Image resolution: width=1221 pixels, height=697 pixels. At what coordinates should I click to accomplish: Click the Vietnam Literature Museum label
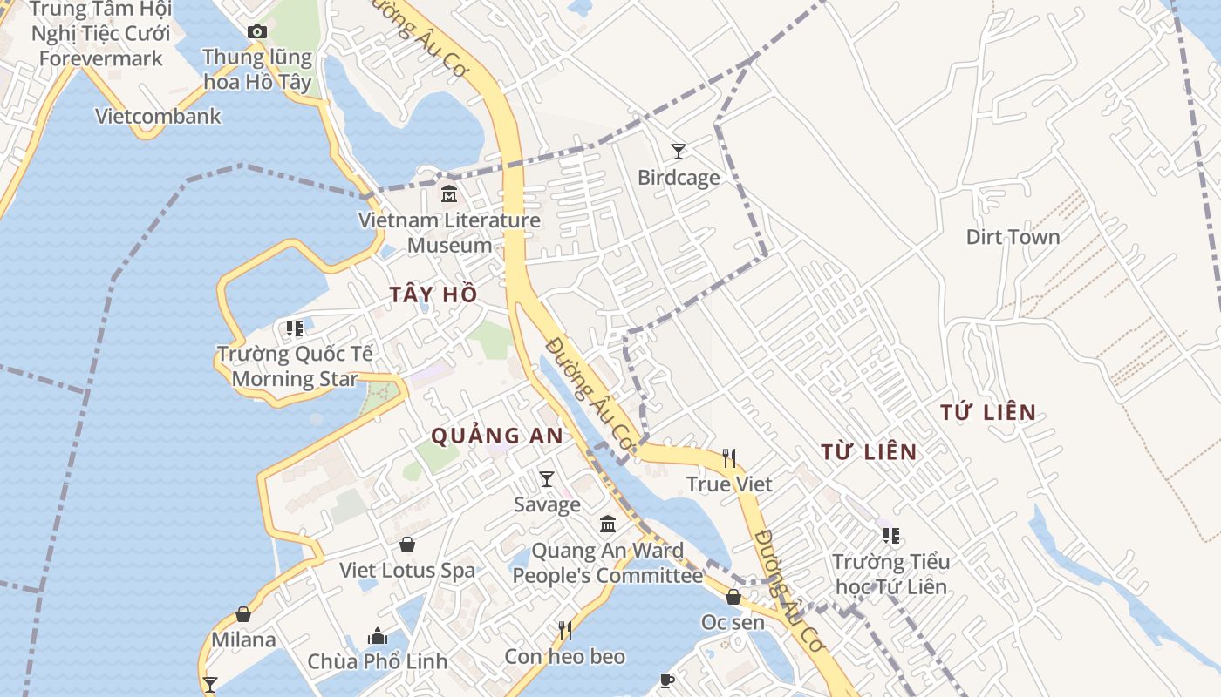pyautogui.click(x=449, y=233)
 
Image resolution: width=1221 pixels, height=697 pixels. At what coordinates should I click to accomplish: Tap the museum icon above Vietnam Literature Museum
pyautogui.click(x=449, y=193)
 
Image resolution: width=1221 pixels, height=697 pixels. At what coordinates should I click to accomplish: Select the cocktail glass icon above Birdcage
pyautogui.click(x=679, y=152)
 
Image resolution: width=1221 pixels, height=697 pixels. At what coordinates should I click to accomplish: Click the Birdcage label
pyautogui.click(x=679, y=178)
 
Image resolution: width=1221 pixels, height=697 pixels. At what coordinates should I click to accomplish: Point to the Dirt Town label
pyautogui.click(x=1013, y=237)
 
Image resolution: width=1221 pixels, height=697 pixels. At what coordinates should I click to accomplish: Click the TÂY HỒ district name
pyautogui.click(x=433, y=295)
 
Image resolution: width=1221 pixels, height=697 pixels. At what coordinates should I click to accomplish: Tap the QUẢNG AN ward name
pyautogui.click(x=497, y=436)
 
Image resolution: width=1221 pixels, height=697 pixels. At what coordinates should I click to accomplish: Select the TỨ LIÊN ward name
pyautogui.click(x=988, y=413)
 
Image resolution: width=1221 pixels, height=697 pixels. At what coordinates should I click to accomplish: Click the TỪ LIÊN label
pyautogui.click(x=869, y=452)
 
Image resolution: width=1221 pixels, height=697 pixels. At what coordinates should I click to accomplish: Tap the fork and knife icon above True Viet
pyautogui.click(x=729, y=457)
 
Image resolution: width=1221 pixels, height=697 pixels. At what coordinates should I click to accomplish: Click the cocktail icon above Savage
pyautogui.click(x=547, y=478)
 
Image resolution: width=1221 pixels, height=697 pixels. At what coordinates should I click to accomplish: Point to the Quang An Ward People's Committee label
pyautogui.click(x=607, y=563)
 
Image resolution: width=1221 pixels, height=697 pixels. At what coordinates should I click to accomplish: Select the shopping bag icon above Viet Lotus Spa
pyautogui.click(x=406, y=545)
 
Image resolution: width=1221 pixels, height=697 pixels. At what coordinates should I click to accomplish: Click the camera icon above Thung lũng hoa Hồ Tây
pyautogui.click(x=256, y=32)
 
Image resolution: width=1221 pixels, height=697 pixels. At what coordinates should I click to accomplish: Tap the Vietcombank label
pyautogui.click(x=158, y=116)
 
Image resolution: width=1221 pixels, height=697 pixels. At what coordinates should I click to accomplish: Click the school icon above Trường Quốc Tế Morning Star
pyautogui.click(x=295, y=328)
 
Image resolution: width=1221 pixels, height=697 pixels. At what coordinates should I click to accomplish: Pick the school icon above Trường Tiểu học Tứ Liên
pyautogui.click(x=890, y=535)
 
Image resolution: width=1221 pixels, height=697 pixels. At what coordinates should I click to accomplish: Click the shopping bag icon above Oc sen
pyautogui.click(x=733, y=597)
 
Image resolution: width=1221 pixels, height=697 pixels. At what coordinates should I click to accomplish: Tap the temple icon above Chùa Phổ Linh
pyautogui.click(x=378, y=636)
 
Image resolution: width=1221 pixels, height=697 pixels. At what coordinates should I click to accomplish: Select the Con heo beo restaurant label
pyautogui.click(x=565, y=656)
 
